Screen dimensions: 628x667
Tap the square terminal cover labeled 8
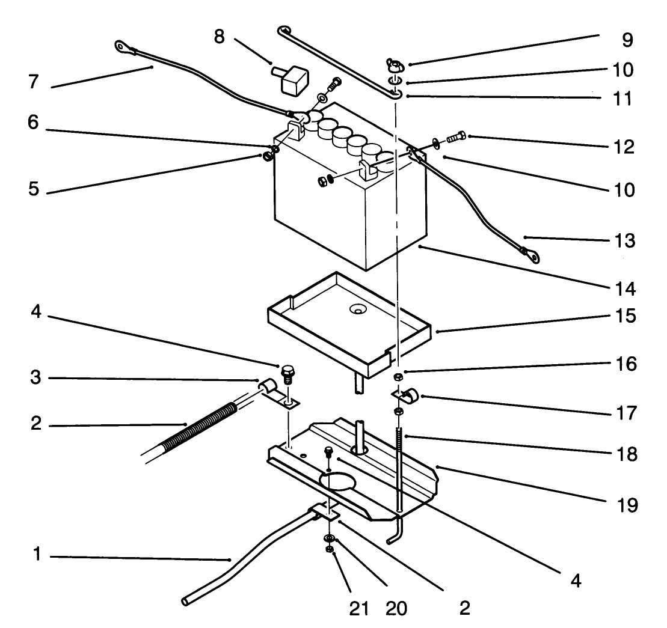[x=293, y=76]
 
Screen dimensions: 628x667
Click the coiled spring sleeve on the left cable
[x=189, y=424]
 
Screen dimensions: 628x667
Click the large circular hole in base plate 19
[x=339, y=480]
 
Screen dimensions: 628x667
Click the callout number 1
[x=37, y=556]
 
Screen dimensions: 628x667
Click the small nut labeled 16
[x=398, y=377]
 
